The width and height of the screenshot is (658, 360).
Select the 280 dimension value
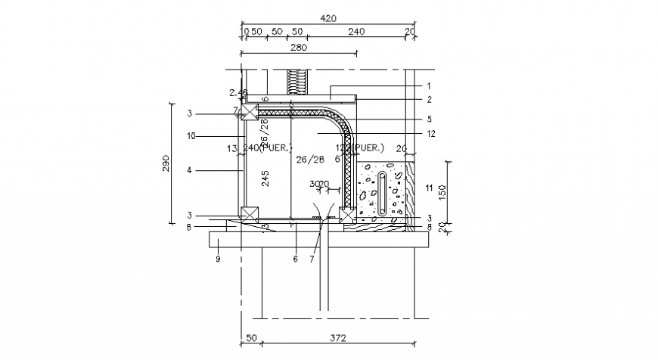tap(297, 47)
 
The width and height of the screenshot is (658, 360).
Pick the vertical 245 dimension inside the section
tap(265, 178)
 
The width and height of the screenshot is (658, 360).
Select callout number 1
tap(428, 85)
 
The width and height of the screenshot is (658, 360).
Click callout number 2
tap(428, 99)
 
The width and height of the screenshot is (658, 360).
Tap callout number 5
tap(428, 119)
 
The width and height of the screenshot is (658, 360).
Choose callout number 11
tap(429, 187)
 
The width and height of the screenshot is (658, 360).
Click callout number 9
tap(217, 259)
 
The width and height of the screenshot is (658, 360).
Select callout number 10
tap(192, 136)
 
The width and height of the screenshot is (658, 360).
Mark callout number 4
tap(190, 170)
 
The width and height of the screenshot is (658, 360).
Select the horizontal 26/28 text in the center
tap(310, 160)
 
